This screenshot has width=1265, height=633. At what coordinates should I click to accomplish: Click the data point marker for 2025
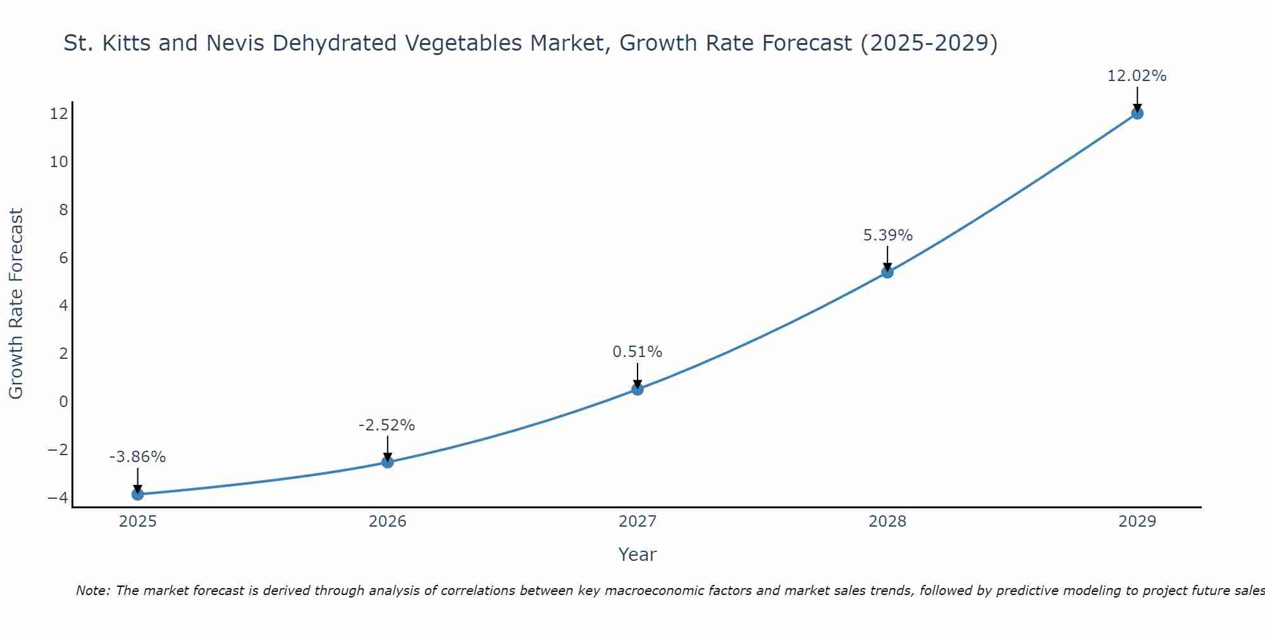(x=138, y=494)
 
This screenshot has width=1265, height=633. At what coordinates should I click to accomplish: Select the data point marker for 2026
(x=388, y=462)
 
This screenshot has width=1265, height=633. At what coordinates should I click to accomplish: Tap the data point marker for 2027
(x=638, y=389)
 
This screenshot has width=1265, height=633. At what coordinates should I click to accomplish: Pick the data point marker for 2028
(x=887, y=272)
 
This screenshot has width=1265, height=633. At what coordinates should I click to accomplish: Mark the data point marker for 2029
(x=1137, y=113)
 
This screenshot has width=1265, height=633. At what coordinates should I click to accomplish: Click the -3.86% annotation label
(x=138, y=457)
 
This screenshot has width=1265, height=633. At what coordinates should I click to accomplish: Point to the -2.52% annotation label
(x=387, y=425)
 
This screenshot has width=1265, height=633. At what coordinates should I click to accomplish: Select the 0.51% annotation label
(x=638, y=352)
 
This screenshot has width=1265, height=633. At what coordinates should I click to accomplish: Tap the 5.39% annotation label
(x=888, y=235)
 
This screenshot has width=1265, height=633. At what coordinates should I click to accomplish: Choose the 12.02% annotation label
(x=1137, y=76)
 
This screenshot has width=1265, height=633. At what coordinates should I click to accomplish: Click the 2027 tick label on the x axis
(x=638, y=522)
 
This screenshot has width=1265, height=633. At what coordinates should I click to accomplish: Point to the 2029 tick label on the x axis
(x=1137, y=522)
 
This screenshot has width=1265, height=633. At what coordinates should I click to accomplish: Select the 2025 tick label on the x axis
(x=138, y=522)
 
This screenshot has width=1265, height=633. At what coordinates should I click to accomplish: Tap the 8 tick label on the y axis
(x=63, y=210)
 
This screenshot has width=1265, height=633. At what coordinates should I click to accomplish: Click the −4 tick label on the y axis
(x=58, y=498)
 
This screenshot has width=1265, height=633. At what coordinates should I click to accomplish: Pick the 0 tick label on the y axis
(x=63, y=401)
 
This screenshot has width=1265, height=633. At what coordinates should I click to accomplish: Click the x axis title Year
(x=638, y=555)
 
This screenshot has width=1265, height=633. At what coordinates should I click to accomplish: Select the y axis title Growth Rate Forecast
(x=16, y=304)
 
